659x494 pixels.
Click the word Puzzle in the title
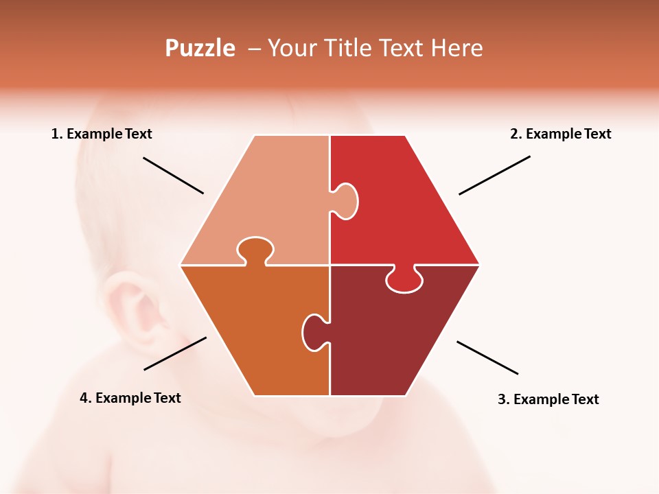200,48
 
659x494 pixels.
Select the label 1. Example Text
102,134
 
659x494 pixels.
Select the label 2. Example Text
560,134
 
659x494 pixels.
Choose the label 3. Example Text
548,399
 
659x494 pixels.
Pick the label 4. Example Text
130,398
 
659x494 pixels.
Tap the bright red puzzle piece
405,213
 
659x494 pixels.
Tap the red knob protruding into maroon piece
404,280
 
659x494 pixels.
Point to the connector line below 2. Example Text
494,175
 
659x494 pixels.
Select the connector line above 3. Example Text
487,357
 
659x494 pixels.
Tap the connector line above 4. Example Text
175,353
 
